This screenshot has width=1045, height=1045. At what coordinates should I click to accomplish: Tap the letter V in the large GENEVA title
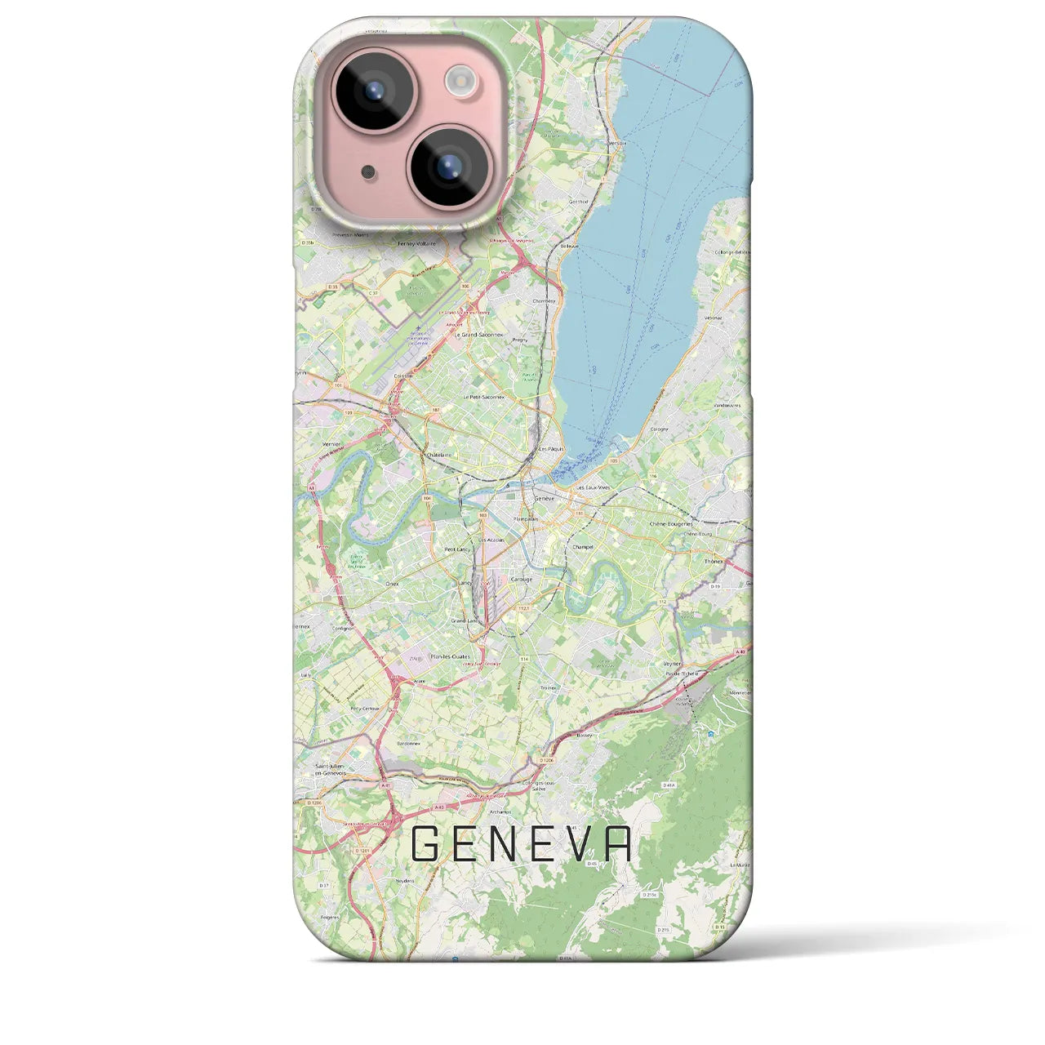point(580,844)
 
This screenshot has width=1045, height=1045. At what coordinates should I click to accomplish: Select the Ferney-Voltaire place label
point(416,243)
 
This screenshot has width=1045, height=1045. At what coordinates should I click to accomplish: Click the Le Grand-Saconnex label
point(482,334)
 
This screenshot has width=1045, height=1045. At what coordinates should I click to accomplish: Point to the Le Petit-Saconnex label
point(484,397)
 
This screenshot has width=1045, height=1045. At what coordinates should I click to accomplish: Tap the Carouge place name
point(521,579)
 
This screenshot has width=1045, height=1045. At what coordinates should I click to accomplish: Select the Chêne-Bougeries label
point(671,523)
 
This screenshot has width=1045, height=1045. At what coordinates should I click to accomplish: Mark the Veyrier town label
point(672,664)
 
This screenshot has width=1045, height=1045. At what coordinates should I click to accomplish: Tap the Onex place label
point(391,585)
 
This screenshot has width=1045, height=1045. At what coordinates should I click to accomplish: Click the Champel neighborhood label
point(582,546)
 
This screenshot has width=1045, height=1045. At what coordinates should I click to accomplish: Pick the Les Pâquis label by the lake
point(546,448)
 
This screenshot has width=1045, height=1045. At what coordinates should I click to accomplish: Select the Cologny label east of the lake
point(659,429)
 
